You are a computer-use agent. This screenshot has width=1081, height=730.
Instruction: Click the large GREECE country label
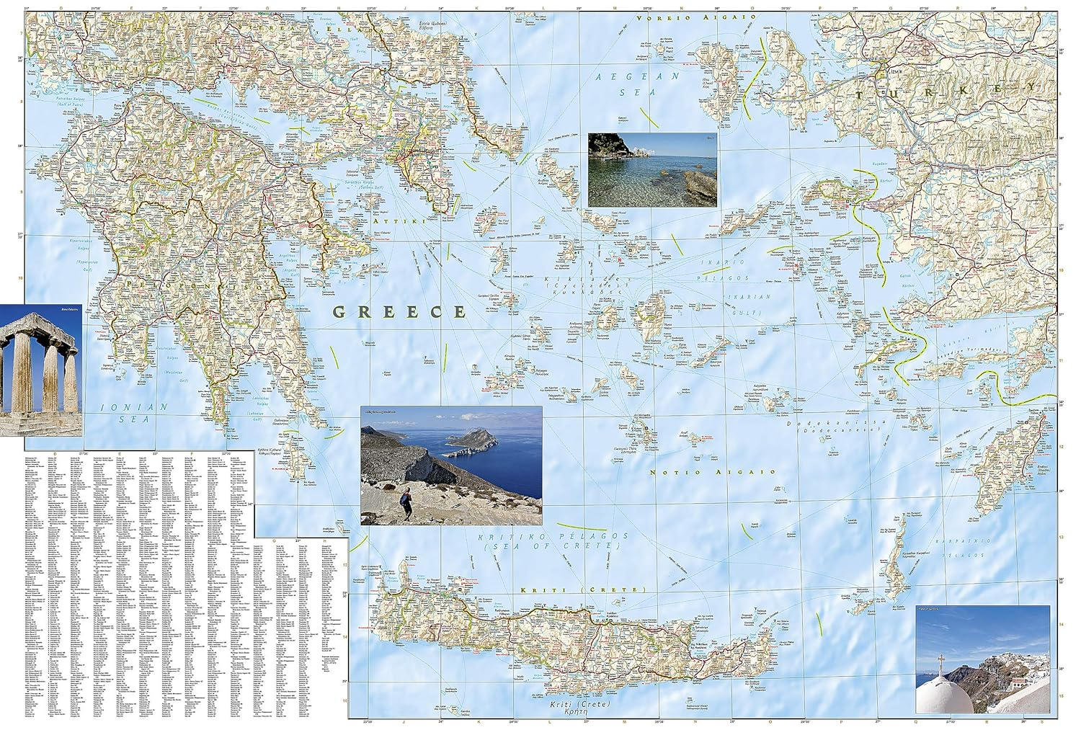(x=399, y=312)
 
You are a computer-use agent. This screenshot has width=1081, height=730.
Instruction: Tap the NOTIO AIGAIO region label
(x=712, y=472)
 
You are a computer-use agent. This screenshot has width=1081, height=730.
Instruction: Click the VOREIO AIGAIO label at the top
(x=682, y=17)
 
